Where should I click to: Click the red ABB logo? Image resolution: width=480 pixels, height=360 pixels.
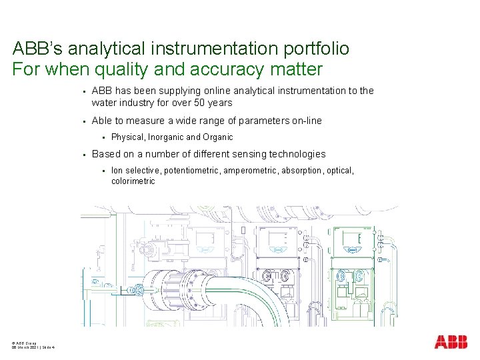pyautogui.click(x=451, y=342)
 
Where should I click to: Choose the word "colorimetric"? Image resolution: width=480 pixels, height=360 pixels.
pyautogui.click(x=133, y=181)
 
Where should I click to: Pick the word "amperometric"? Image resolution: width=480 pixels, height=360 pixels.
pyautogui.click(x=251, y=171)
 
